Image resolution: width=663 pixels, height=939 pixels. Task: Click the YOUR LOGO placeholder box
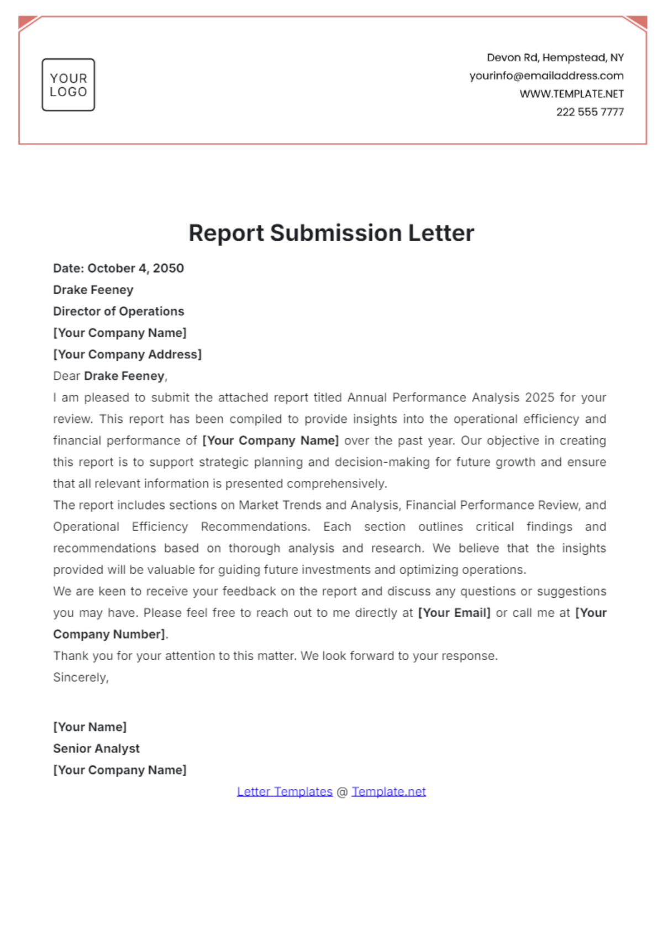(69, 85)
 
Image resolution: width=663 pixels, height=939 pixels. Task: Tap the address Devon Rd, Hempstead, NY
(555, 57)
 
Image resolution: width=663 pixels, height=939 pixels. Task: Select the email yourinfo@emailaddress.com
(546, 76)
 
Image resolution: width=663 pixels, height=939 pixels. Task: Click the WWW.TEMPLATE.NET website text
(571, 94)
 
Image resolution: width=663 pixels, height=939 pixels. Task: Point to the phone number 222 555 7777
(590, 112)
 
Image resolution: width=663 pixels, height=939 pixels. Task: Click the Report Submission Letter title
(331, 233)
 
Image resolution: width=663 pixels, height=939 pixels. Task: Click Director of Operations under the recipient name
(118, 311)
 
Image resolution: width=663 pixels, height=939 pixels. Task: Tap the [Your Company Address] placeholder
(127, 354)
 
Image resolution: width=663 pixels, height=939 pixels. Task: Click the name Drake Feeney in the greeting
(124, 376)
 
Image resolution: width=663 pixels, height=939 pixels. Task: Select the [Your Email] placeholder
(454, 613)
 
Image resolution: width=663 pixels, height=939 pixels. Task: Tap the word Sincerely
(81, 677)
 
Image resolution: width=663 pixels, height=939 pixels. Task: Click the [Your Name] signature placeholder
(90, 727)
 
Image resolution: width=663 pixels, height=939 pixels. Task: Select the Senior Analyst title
(96, 749)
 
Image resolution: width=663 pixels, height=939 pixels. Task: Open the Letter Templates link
(285, 792)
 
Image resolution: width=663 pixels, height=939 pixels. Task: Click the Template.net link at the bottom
(388, 792)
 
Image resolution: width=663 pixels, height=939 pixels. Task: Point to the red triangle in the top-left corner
(26, 22)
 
